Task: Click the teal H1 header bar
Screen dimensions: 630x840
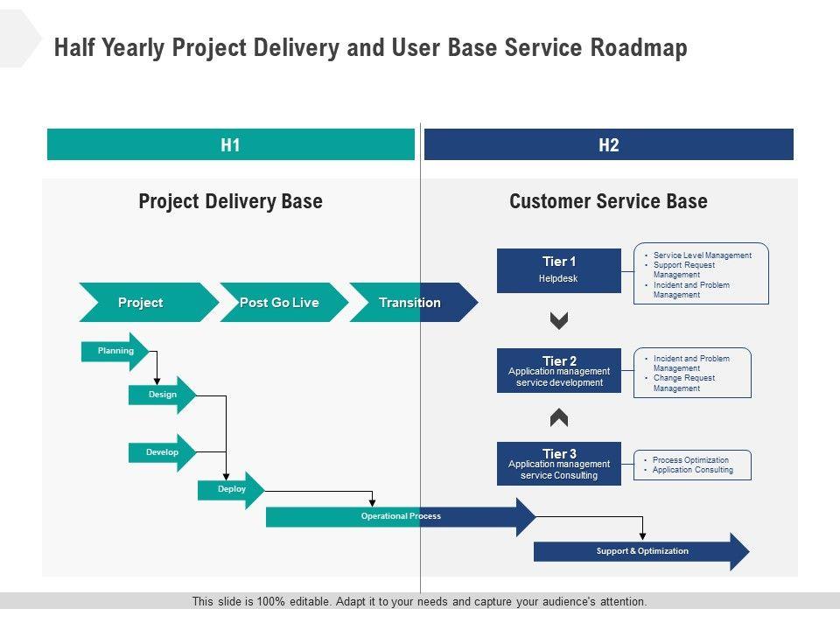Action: (x=230, y=145)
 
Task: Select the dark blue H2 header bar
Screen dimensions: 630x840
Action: (x=609, y=145)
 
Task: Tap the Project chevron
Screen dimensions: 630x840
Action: (x=142, y=303)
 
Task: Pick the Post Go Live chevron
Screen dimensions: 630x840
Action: (x=280, y=303)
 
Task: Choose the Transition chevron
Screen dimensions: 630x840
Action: (x=410, y=303)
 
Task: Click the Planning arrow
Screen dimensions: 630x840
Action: (x=115, y=351)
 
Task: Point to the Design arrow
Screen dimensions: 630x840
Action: (x=162, y=395)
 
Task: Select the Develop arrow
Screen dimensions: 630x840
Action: (x=162, y=452)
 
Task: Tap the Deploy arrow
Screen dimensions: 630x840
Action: (x=232, y=489)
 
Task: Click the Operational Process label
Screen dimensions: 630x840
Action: (x=401, y=516)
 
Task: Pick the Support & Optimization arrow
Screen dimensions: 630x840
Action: (x=642, y=551)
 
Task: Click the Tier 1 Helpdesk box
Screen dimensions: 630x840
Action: (x=559, y=270)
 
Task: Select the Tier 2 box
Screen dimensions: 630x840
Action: (x=559, y=371)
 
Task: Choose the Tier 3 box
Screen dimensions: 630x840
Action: (x=559, y=464)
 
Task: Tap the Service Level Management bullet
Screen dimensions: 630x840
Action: (x=702, y=255)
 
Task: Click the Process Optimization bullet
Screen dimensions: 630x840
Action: (x=690, y=460)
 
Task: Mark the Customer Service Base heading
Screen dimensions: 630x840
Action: (x=608, y=201)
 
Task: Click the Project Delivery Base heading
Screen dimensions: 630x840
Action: (x=230, y=201)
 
